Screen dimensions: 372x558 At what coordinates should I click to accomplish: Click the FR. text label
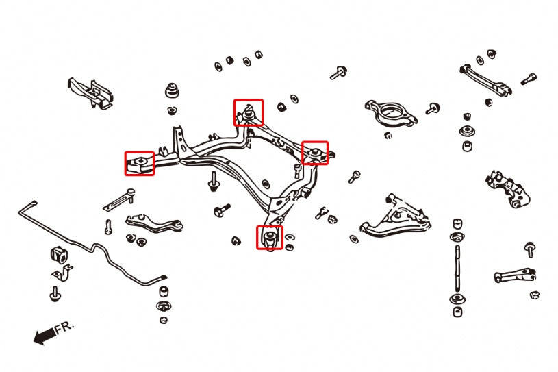pyautogui.click(x=64, y=327)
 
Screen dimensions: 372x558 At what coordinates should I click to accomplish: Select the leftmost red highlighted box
pyautogui.click(x=139, y=164)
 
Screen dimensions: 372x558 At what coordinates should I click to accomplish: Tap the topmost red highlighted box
pyautogui.click(x=248, y=112)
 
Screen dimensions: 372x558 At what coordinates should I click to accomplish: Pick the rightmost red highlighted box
pyautogui.click(x=315, y=153)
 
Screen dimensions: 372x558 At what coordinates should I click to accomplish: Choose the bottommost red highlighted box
pyautogui.click(x=270, y=237)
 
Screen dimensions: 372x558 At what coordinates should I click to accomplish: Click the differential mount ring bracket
pyautogui.click(x=390, y=112)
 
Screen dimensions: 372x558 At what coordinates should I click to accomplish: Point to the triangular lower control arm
pyautogui.click(x=393, y=216)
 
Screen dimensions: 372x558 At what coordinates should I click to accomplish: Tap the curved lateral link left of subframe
pyautogui.click(x=153, y=223)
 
